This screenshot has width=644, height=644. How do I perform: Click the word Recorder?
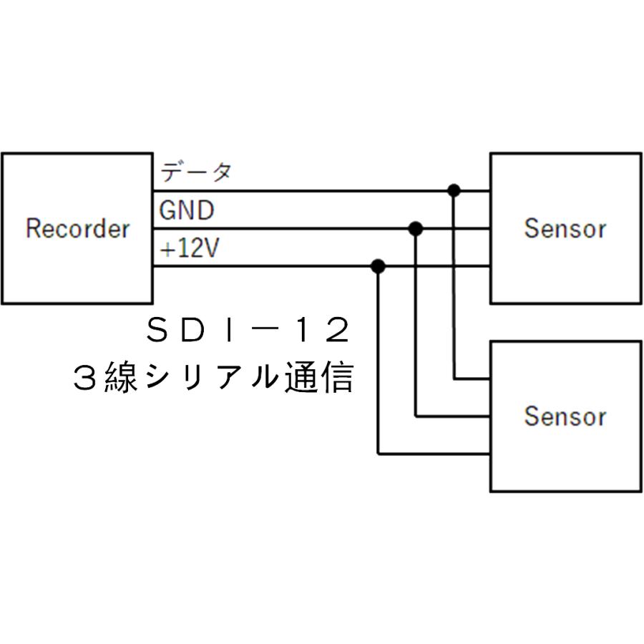[x=77, y=229]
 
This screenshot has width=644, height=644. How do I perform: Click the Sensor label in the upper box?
[x=565, y=228]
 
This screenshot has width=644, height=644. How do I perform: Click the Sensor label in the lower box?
[x=565, y=416]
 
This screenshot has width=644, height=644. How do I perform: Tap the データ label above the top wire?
[x=195, y=172]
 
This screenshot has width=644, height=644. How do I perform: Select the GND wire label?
[x=186, y=211]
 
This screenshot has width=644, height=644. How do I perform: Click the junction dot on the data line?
[x=453, y=190]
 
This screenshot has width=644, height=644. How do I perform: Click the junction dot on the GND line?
[x=416, y=229]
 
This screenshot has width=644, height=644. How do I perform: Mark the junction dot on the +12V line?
[x=379, y=267]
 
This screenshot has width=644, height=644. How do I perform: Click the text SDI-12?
[x=248, y=331]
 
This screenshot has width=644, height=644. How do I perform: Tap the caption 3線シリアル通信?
[x=213, y=376]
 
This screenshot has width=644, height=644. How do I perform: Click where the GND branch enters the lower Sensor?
[x=489, y=416]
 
